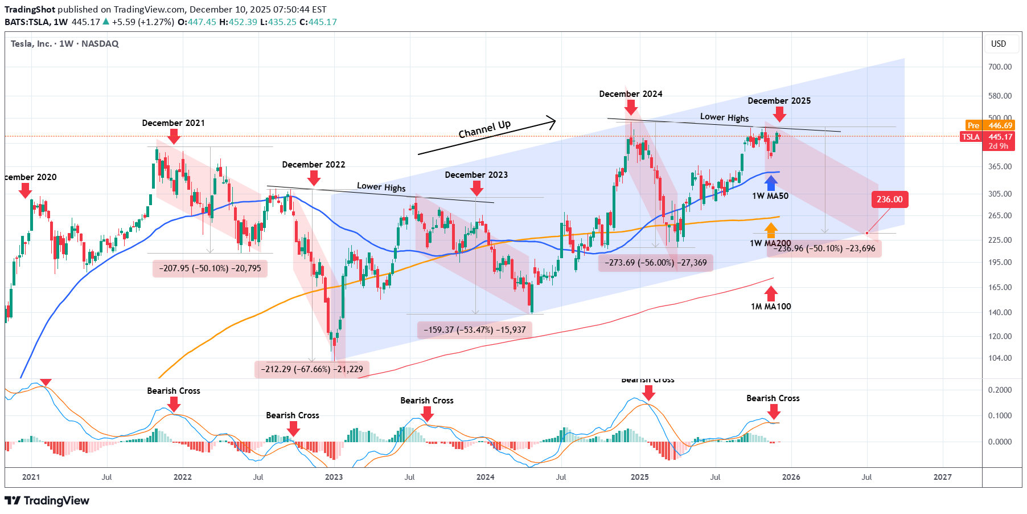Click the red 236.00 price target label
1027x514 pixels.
[x=889, y=199]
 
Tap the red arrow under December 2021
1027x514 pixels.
[x=174, y=136]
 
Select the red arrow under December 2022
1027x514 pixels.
[x=314, y=178]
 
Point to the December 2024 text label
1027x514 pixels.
[x=630, y=94]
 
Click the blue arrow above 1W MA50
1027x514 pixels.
[x=770, y=183]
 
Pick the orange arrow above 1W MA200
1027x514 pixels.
[x=770, y=230]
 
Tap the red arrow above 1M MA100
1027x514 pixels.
[x=771, y=293]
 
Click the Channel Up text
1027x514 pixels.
[x=484, y=129]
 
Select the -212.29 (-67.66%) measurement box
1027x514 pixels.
[x=312, y=369]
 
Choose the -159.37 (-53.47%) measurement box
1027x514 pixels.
[x=475, y=330]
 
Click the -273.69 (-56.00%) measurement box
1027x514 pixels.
[x=655, y=263]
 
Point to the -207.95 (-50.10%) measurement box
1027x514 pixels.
[x=210, y=268]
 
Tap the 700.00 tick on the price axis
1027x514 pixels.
[x=1000, y=67]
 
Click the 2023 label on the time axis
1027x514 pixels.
[x=334, y=477]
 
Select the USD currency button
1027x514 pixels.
[x=999, y=44]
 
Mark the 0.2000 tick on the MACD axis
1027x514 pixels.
[x=1000, y=390]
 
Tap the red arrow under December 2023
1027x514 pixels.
[x=476, y=188]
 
